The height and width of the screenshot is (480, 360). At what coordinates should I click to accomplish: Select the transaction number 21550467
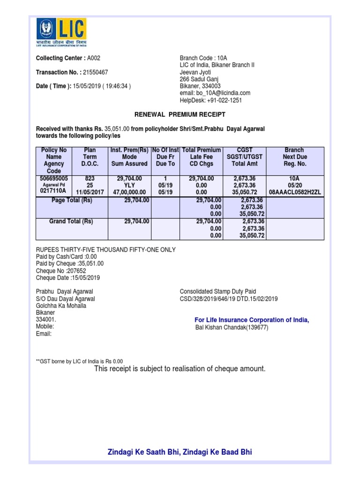pyautogui.click(x=95, y=73)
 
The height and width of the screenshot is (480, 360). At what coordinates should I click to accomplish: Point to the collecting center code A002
pyautogui.click(x=94, y=58)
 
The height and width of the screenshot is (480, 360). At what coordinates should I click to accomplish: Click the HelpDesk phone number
pyautogui.click(x=225, y=100)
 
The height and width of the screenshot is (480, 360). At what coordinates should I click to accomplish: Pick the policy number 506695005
pyautogui.click(x=54, y=179)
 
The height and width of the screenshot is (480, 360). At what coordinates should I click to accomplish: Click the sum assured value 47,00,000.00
pyautogui.click(x=129, y=192)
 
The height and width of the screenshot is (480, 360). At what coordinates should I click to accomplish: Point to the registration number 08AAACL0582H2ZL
pyautogui.click(x=294, y=192)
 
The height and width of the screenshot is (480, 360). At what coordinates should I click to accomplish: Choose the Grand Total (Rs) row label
pyautogui.click(x=71, y=221)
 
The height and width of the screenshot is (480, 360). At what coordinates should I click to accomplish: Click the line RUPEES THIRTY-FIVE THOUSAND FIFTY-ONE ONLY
pyautogui.click(x=106, y=250)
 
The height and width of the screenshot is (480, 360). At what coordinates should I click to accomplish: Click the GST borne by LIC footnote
pyautogui.click(x=79, y=361)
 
